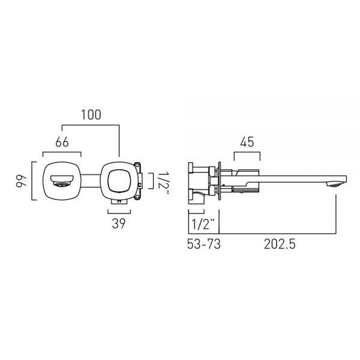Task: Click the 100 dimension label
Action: (x=91, y=115)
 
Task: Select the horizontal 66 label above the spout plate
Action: (x=62, y=142)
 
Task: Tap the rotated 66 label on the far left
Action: (x=22, y=181)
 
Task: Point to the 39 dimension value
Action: (x=119, y=223)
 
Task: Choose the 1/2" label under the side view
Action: (x=203, y=224)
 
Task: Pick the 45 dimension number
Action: (x=247, y=142)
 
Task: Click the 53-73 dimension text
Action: (x=203, y=244)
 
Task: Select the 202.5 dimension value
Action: (x=280, y=244)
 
